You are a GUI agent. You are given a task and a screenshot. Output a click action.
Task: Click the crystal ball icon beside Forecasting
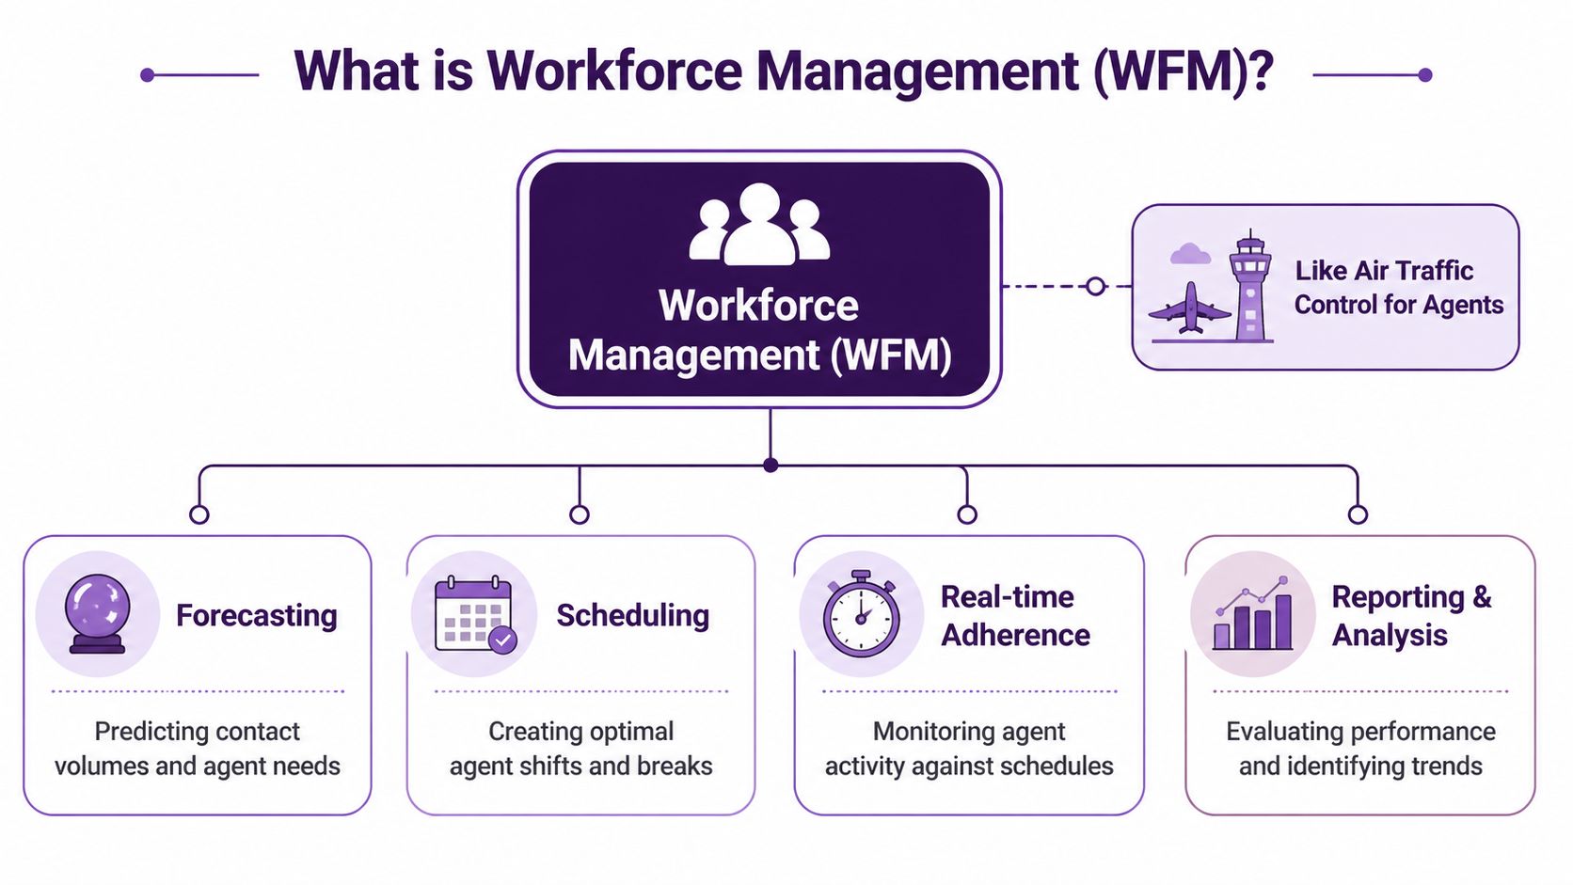point(97,613)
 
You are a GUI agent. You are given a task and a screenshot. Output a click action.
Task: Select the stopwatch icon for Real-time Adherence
point(861,614)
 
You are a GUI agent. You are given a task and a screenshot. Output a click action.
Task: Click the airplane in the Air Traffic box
point(1190,308)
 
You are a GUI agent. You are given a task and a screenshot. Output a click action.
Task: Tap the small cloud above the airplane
point(1190,253)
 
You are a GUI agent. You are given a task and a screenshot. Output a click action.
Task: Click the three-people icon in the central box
point(759,225)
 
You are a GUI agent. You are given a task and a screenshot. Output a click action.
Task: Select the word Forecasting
point(256,615)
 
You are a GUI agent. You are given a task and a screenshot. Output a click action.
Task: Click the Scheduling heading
point(632,615)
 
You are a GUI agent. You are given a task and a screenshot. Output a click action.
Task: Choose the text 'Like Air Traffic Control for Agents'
point(1398,288)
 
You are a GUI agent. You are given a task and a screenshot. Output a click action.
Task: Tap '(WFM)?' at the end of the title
point(1184,71)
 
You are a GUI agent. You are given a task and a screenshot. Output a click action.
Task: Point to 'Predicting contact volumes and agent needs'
point(198,749)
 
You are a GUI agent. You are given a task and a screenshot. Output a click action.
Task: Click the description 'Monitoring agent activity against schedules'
point(969,749)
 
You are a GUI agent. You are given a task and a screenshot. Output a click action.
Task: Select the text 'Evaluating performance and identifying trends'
point(1360,749)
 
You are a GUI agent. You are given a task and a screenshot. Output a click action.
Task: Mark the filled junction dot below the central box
point(771,465)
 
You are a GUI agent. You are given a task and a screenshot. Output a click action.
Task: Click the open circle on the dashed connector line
point(1095,286)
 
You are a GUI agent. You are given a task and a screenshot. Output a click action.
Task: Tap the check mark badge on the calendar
point(503,640)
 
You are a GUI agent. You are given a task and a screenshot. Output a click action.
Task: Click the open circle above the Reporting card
point(1357,514)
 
